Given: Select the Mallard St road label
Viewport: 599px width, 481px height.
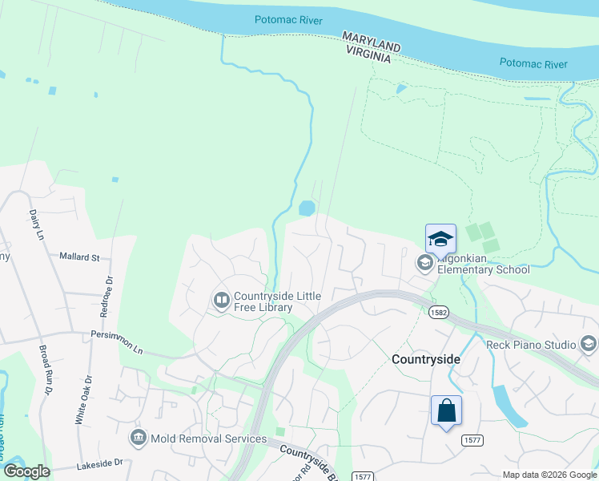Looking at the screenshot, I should pos(79,257).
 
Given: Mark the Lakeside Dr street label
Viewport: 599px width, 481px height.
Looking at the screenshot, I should pos(99,463).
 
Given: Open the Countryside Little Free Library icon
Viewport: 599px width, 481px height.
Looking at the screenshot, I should pos(221,301).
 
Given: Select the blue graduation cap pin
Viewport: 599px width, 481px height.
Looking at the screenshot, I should pos(440,240).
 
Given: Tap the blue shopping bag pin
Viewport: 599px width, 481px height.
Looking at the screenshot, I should pos(446,410).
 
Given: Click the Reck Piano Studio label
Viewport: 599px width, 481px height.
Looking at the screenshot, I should pos(531,345).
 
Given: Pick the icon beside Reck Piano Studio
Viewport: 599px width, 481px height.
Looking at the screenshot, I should pos(589,345).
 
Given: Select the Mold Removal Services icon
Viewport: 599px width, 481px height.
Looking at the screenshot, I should pos(138,439).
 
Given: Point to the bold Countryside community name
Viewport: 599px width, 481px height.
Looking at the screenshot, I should pos(426,359).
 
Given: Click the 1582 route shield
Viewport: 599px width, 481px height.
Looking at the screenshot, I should pos(438,310).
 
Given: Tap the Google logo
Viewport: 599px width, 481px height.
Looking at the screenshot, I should pos(26,471).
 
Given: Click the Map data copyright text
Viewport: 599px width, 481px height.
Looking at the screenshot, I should pos(549,475).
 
